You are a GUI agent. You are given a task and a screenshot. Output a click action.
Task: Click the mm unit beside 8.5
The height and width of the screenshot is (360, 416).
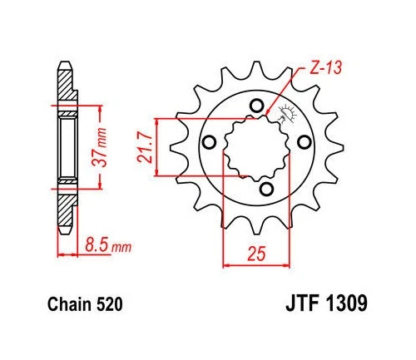coord(121,247)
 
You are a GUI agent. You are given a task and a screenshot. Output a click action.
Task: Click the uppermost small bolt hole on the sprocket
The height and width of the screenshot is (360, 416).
coord(257,106)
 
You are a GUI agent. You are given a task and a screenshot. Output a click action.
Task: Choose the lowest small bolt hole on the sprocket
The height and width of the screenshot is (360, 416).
coord(265,191)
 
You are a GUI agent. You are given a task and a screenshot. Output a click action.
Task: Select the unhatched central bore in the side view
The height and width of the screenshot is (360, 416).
coord(66,147)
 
